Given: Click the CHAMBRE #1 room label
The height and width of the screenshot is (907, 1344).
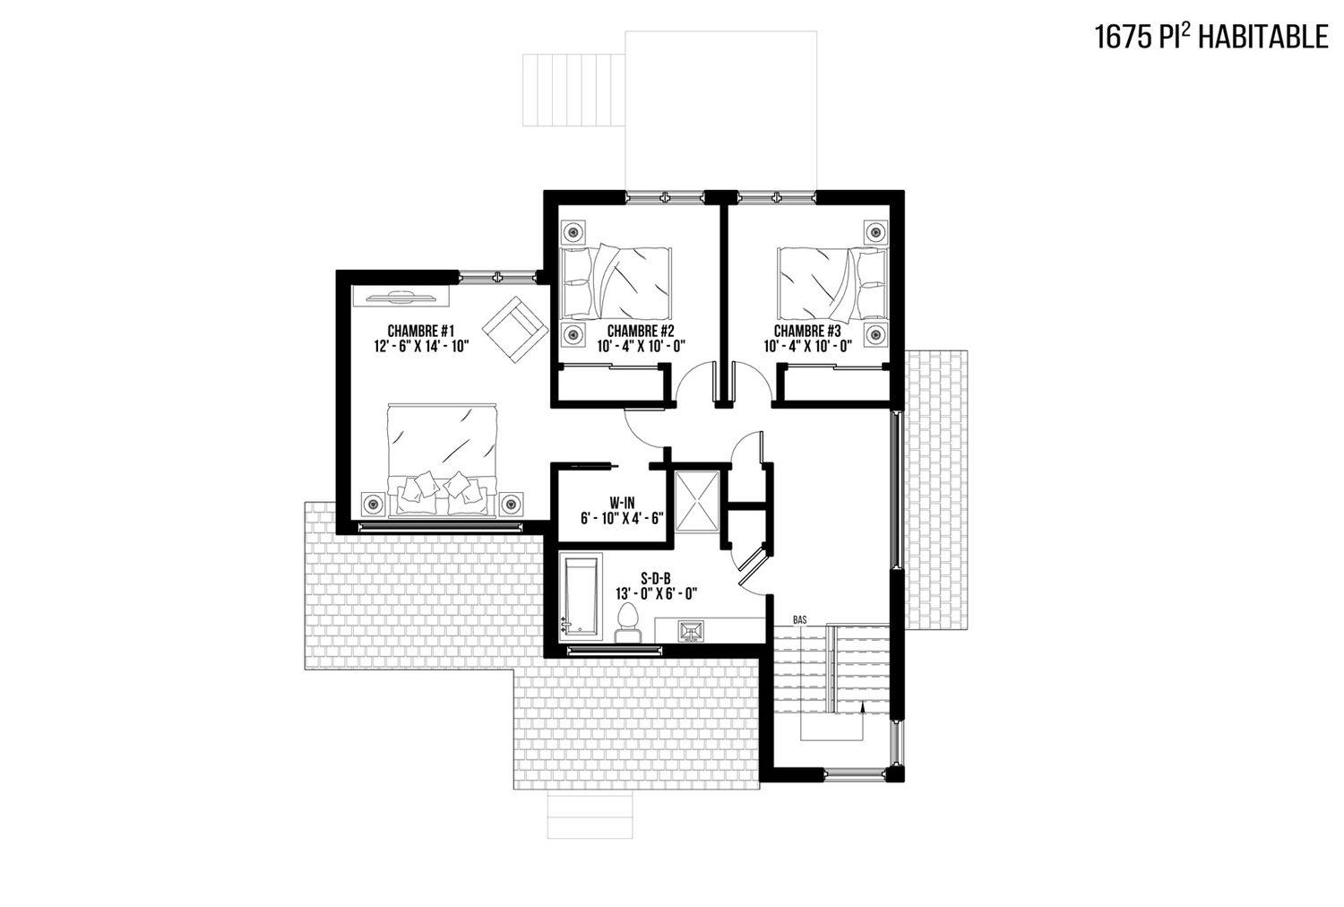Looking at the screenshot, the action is point(420,331).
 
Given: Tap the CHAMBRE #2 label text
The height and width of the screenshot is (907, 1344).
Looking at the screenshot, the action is point(641,331).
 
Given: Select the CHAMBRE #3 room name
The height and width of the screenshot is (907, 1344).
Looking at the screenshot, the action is point(807,331).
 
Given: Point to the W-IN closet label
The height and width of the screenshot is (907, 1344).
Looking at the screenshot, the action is point(622,503).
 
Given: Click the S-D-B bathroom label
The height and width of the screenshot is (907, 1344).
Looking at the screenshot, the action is point(656,579).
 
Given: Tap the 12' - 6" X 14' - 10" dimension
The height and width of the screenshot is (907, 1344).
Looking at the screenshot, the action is point(420,346).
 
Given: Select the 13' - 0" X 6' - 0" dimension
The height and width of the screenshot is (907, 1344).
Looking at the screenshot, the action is point(656,594).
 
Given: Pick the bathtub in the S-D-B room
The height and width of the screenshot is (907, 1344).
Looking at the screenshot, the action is point(581,597).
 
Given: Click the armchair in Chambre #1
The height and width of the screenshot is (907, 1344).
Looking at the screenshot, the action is point(515,330).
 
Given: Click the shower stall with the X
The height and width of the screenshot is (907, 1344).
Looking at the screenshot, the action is point(696,501).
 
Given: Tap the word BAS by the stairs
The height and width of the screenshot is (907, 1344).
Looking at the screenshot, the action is point(800,620).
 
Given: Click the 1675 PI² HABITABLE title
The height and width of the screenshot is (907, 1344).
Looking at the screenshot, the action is point(1211,37).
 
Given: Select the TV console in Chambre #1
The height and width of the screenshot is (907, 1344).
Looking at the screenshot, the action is point(401,296).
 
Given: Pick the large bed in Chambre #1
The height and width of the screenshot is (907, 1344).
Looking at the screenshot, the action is point(443,461).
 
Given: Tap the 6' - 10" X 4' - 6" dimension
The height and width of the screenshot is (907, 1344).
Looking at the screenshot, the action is point(622,518).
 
